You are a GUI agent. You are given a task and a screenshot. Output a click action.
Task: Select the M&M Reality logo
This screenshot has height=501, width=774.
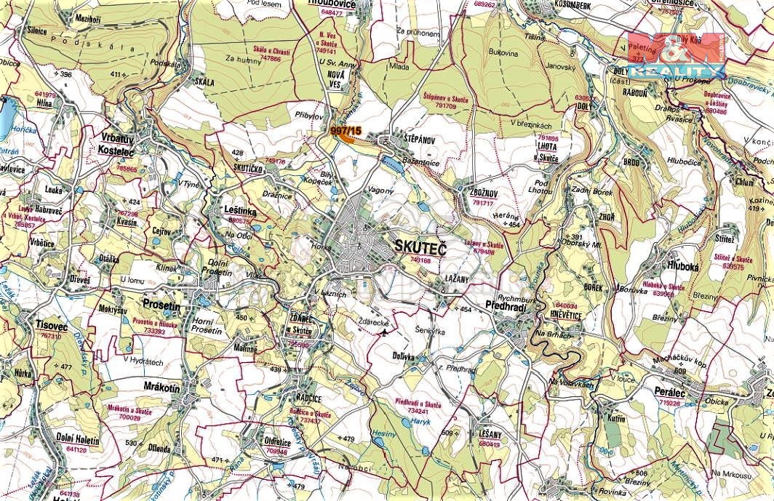675,55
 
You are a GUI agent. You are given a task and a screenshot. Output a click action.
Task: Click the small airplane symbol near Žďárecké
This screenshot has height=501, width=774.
384,333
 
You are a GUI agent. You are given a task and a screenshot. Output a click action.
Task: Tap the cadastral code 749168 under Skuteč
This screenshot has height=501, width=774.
420,260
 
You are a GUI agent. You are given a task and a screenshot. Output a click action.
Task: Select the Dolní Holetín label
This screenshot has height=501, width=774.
76,439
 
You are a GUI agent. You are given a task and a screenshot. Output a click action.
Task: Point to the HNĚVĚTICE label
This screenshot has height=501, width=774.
559,316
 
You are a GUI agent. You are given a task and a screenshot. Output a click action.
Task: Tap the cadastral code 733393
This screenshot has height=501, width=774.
154,330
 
